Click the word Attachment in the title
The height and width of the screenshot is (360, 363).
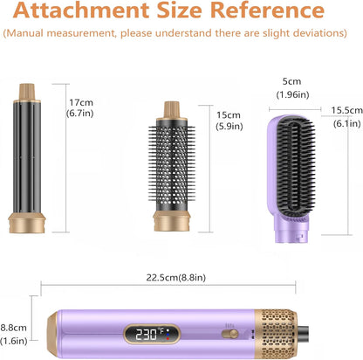81,10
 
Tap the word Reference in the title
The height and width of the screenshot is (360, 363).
267,10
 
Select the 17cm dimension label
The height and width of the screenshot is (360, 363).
81,102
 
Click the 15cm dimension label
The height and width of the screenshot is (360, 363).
229,115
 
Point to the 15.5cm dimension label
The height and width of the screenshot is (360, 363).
347,110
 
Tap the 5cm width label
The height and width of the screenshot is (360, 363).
291,81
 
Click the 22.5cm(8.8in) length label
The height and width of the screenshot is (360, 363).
175,278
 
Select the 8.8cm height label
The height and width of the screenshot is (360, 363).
13,328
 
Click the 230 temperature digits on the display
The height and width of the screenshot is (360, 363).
147,335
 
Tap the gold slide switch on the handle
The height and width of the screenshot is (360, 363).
229,334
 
